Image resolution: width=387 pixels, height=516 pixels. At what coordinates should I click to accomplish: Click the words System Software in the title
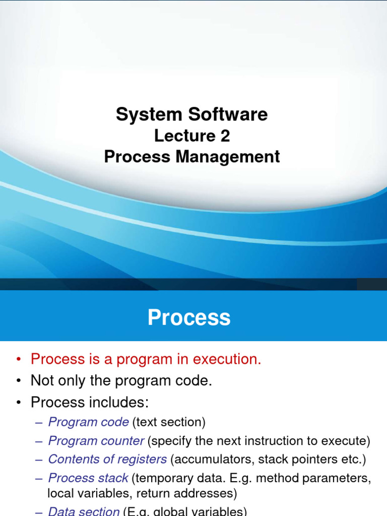(x=191, y=114)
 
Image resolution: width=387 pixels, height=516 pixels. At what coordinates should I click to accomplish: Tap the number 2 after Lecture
(x=224, y=136)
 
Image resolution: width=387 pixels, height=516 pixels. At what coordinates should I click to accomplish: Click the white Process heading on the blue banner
(x=189, y=318)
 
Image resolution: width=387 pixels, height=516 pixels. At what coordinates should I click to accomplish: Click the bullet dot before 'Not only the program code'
(x=19, y=381)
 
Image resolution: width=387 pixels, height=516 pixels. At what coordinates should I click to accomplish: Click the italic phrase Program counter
(x=96, y=441)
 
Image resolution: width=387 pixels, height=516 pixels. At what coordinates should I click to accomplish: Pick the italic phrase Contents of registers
(x=107, y=460)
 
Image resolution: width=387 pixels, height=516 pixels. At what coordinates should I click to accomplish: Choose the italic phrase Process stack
(x=88, y=478)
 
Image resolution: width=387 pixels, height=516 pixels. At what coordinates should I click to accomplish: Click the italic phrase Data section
(x=84, y=511)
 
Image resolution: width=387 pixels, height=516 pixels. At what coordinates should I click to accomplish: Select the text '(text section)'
(x=169, y=422)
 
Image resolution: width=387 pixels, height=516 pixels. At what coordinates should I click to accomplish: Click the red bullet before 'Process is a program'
(x=19, y=359)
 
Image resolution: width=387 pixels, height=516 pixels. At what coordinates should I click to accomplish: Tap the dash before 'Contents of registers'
(x=39, y=460)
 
